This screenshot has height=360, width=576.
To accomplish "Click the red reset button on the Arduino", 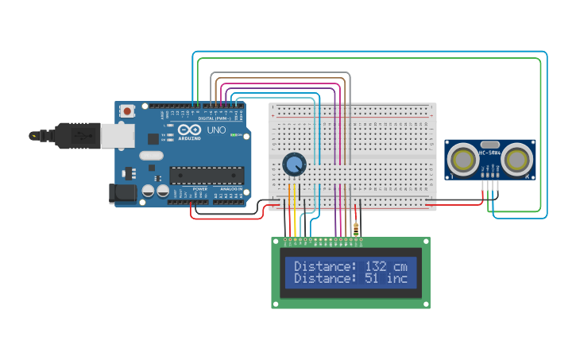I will point(126,113).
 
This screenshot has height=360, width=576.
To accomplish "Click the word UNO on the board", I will point(216,130).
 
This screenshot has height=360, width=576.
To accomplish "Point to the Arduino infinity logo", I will point(190,130).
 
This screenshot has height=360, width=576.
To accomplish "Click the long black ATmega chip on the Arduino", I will point(203,175).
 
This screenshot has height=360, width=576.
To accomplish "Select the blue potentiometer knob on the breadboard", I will point(294,165).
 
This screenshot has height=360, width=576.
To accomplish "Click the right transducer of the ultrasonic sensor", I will point(517,160).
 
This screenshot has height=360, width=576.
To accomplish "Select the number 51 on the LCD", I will point(371,278).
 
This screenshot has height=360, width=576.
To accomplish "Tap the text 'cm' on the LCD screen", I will point(400,266).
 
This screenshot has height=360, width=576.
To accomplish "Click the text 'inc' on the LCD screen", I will point(396,278).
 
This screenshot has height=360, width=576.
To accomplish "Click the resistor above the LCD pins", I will point(355,229).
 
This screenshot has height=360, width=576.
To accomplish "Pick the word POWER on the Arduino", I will point(200,188).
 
